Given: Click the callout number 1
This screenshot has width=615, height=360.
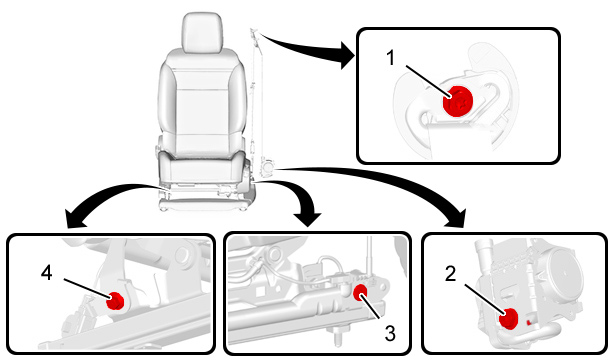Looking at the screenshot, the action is [390, 58].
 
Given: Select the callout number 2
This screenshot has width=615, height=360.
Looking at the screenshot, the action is [451, 274].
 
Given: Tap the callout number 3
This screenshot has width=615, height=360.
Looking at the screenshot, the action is [390, 333].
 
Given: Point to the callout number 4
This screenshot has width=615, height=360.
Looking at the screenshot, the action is [47, 273].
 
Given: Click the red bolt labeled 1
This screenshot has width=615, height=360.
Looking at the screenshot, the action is [458, 101].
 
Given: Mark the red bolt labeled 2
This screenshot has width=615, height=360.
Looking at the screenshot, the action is [508, 318].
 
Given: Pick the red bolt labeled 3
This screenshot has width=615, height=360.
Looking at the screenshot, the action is [360, 293].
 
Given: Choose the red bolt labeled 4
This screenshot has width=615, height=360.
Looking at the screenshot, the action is [115, 301].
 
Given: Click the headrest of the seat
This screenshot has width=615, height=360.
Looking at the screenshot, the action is [202, 33].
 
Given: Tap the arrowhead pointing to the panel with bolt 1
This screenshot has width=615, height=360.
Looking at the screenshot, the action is [348, 55].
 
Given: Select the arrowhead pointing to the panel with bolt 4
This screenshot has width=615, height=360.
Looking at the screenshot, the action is [76, 219].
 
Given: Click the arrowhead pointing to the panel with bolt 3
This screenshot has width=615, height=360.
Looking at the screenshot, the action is [308, 219].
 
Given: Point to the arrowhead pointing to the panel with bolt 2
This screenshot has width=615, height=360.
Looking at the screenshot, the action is [457, 218].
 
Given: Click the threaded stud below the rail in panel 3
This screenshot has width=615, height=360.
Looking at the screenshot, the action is [337, 338].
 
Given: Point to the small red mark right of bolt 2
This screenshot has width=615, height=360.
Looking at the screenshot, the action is [529, 323].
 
